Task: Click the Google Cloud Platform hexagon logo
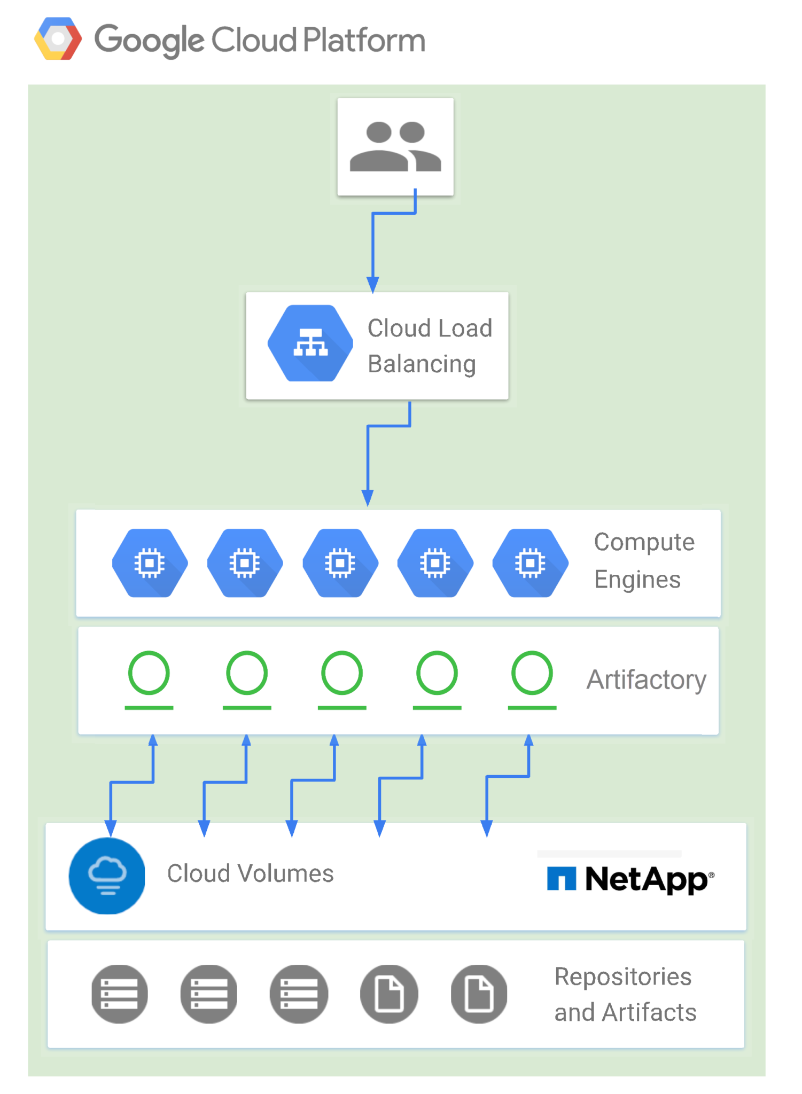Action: (x=58, y=39)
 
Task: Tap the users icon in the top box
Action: (x=395, y=146)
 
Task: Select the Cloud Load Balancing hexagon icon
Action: (x=310, y=343)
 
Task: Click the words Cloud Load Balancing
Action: (x=429, y=346)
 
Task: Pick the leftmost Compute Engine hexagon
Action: (x=150, y=563)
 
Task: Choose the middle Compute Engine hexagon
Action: (x=340, y=563)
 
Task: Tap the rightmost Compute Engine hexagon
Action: (x=530, y=563)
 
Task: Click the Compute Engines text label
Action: (x=643, y=561)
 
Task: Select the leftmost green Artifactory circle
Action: (x=149, y=673)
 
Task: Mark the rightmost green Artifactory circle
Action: (x=532, y=673)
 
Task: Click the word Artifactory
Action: (x=646, y=680)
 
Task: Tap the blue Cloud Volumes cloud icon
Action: (x=107, y=876)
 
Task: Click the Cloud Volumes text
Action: (x=250, y=874)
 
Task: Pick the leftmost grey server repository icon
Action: (x=119, y=994)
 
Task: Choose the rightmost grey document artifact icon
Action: (x=479, y=994)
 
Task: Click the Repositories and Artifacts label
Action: (x=625, y=994)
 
